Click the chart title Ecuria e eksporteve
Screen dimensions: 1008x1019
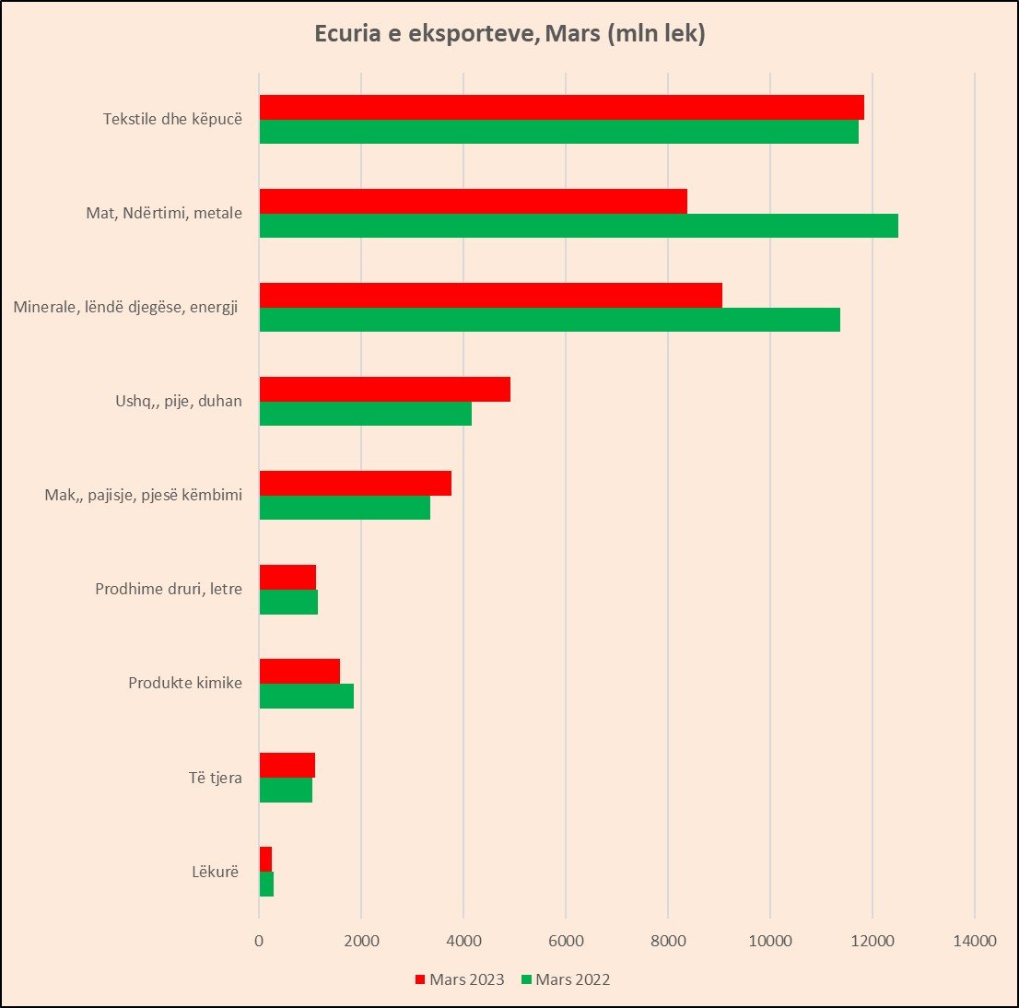[x=509, y=33]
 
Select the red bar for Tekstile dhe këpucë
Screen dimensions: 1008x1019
[x=561, y=107]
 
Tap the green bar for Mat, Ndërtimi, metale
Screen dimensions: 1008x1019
[x=578, y=226]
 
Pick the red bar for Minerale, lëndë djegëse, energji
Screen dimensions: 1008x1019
[x=490, y=295]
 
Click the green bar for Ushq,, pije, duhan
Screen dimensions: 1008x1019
[x=365, y=414]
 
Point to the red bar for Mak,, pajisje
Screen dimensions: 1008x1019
[x=355, y=483]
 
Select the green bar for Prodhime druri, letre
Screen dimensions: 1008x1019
[x=288, y=602]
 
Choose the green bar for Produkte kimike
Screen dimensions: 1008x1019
[x=306, y=696]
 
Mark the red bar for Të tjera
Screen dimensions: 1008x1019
[x=287, y=765]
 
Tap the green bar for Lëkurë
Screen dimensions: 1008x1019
[x=266, y=884]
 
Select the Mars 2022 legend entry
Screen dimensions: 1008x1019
[x=565, y=979]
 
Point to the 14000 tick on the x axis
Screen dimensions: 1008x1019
[x=975, y=941]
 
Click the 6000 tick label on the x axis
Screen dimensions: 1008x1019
[x=566, y=941]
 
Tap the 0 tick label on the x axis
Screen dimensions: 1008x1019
[x=259, y=941]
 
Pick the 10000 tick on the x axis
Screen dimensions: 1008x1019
[x=770, y=941]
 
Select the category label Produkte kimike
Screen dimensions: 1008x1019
[x=185, y=683]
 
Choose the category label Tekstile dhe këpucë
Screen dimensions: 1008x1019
[x=172, y=119]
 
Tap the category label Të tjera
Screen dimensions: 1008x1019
[x=216, y=778]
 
